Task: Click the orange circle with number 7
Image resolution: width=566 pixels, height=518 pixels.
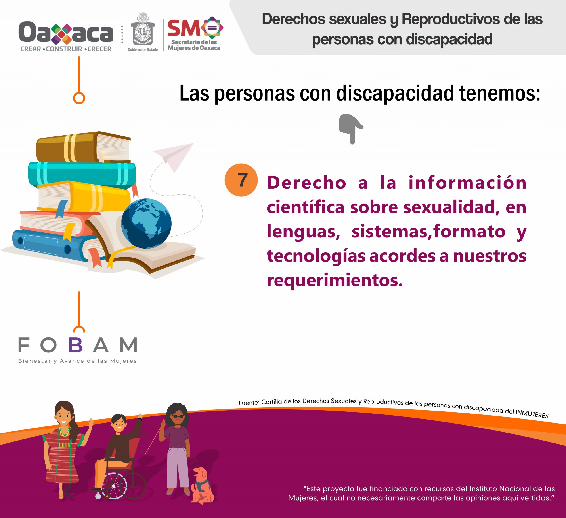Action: (241, 180)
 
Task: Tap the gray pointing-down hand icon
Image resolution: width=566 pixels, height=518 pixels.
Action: (351, 129)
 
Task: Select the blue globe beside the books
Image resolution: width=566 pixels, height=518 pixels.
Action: (146, 223)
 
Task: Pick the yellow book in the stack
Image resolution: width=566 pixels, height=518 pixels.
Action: (84, 197)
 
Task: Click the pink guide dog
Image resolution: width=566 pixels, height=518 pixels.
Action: (202, 485)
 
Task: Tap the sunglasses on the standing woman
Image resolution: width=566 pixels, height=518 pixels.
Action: (178, 416)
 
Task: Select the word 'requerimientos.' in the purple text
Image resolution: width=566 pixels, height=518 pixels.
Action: (334, 280)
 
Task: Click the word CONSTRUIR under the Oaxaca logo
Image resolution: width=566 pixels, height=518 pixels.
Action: (64, 49)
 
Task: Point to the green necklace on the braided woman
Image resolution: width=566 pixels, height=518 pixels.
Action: (64, 431)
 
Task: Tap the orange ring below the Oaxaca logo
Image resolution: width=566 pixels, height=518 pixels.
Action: (79, 98)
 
